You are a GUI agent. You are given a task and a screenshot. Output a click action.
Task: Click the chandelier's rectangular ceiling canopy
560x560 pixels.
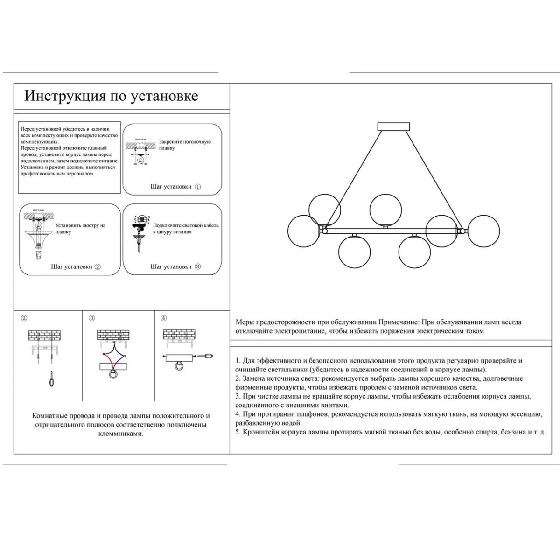tap(393, 127)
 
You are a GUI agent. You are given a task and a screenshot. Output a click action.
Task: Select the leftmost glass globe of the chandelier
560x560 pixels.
tap(304, 231)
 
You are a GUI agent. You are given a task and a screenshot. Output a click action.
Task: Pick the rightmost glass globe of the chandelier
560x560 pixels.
tap(483, 231)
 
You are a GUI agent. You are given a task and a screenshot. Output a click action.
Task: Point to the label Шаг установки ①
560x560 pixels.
tap(176, 187)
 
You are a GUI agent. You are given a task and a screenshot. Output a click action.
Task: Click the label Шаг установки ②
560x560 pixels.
tap(76, 267)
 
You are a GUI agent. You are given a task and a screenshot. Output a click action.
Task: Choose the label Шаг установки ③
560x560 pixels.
tap(176, 267)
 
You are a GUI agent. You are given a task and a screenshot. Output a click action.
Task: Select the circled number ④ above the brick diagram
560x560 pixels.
tap(163, 318)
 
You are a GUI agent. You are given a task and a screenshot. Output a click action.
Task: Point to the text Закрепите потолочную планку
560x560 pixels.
tap(185, 145)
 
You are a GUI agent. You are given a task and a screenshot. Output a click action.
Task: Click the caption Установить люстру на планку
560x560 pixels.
tap(80, 228)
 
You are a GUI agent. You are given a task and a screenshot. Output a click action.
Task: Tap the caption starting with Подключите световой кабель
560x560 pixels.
tap(185, 228)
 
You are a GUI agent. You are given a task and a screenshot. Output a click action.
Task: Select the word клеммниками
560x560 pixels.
tap(121, 434)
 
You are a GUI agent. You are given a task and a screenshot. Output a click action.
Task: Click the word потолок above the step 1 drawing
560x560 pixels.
tap(140, 139)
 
